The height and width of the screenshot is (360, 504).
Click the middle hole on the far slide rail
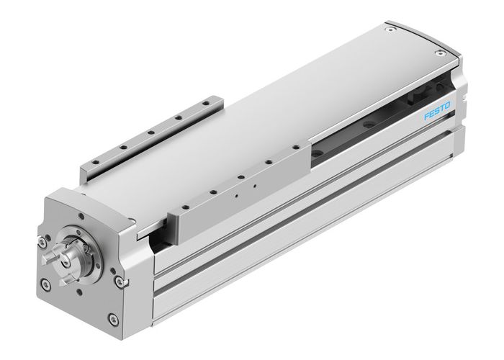point(150,132)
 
